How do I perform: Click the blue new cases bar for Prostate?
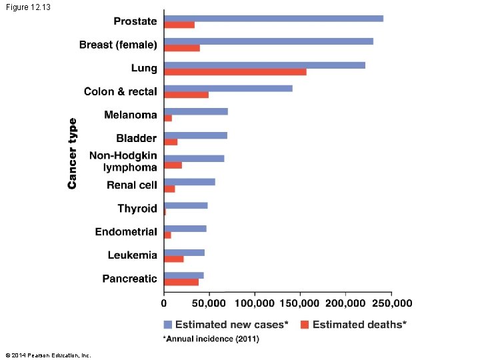coord(273,18)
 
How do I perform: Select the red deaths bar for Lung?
coord(235,71)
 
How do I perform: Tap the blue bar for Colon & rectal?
coord(228,88)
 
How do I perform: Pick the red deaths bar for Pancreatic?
coord(181,282)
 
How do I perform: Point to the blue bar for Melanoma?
coord(196,111)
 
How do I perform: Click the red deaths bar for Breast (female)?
coord(182,48)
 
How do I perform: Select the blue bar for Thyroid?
coord(186,205)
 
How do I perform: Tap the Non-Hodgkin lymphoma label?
coord(124,161)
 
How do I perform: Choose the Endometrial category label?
coord(126,232)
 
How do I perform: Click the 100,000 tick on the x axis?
coord(254,303)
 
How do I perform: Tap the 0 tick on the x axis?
coord(164,303)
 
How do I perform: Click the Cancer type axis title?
coord(72,153)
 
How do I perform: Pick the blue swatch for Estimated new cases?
coord(168,325)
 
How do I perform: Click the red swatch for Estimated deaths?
coord(305,325)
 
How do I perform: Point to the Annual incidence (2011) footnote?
coord(212,339)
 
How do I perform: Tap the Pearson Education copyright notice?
coord(48,355)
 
